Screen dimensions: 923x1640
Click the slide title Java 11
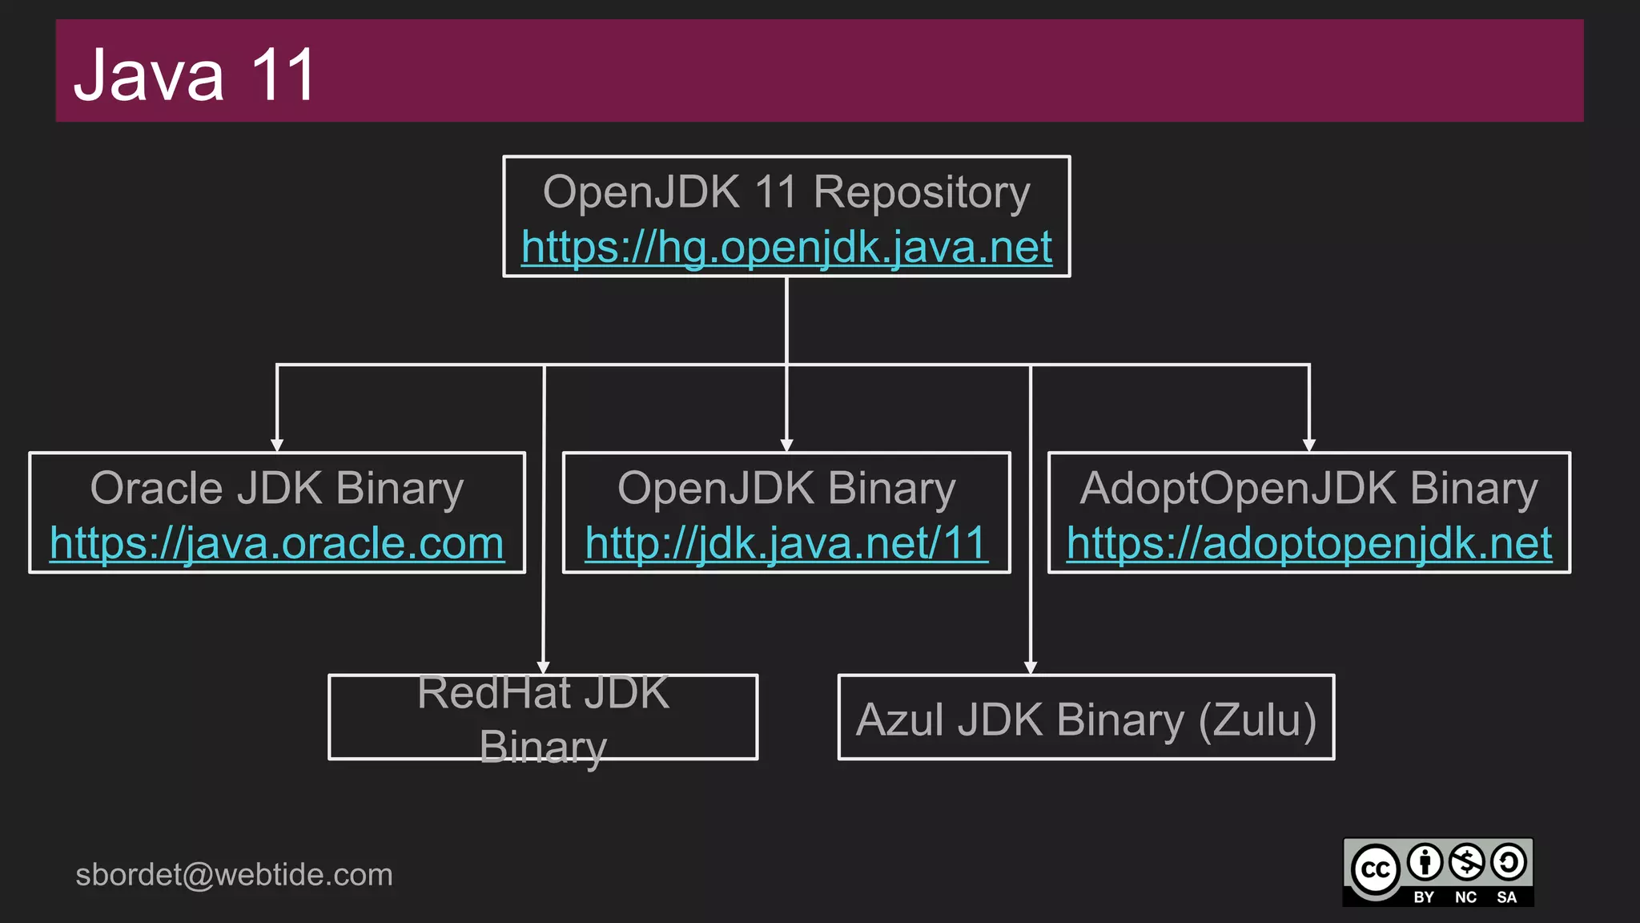coord(195,75)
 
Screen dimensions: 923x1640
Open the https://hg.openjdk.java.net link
coord(786,247)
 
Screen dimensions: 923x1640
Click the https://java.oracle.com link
coord(277,543)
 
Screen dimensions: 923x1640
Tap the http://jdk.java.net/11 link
coord(786,543)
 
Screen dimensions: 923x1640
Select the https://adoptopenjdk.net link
coord(1309,543)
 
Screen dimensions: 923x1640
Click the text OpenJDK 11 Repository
coord(786,192)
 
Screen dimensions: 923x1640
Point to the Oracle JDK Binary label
coord(277,488)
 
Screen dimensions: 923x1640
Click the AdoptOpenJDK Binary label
coord(1309,488)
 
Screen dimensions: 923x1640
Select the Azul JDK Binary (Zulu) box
coord(1086,718)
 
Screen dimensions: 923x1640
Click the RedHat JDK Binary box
coord(543,718)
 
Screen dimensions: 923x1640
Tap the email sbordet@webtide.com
coord(234,874)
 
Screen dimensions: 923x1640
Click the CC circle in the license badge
coord(1375,869)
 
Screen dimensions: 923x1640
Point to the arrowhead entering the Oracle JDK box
coord(277,445)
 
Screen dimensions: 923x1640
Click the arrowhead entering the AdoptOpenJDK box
coord(1309,445)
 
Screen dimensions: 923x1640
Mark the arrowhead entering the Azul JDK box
coord(1031,667)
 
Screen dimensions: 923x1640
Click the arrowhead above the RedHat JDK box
coord(544,667)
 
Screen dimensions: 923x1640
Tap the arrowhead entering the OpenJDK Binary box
coord(786,445)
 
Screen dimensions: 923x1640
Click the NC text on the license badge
coord(1465,897)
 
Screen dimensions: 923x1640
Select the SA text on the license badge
coord(1506,897)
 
